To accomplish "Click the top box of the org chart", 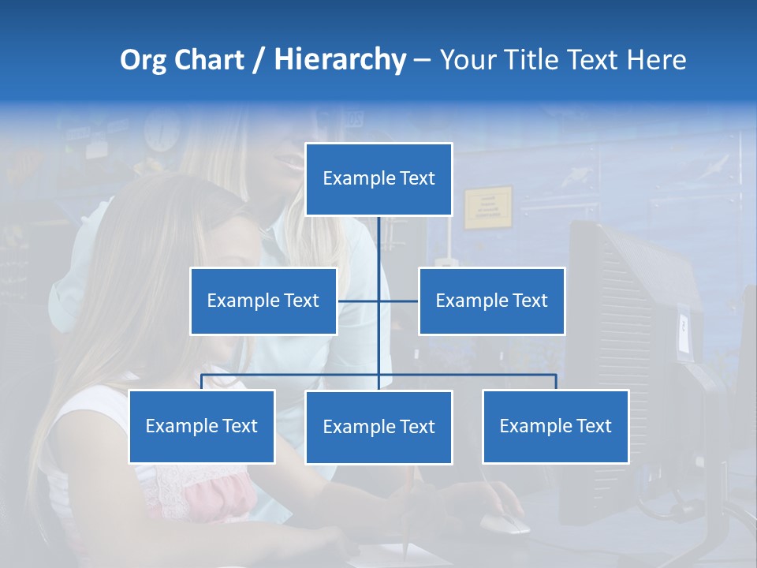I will coord(378,179).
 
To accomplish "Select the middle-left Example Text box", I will coord(263,301).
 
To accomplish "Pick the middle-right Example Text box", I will coord(491,301).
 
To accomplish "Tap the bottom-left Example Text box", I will coord(202,426).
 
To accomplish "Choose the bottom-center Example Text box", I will coord(378,427).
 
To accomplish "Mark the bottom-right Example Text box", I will coord(555,426).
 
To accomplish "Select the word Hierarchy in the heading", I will coord(340,60).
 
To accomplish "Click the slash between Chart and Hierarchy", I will coord(259,60).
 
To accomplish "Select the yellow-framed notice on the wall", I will coord(487,207).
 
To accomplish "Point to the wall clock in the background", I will coord(162,133).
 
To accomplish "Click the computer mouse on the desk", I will coord(505,523).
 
